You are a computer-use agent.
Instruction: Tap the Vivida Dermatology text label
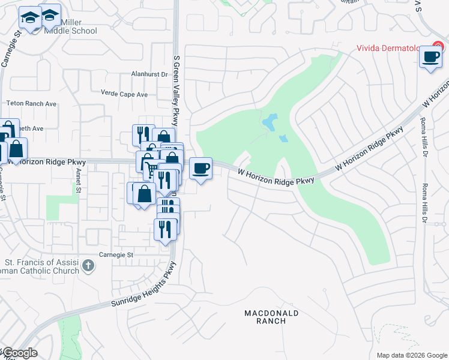[393, 48]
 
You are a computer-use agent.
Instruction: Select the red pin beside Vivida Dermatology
[438, 47]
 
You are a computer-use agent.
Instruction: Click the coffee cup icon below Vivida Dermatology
[430, 57]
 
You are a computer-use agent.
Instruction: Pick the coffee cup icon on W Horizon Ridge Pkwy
[201, 167]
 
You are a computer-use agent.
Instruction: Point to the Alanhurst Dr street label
[149, 74]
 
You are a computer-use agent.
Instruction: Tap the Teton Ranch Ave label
[31, 104]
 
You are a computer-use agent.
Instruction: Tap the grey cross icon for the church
[88, 265]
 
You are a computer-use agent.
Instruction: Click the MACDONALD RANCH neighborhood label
[271, 317]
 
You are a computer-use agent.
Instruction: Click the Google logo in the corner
[20, 353]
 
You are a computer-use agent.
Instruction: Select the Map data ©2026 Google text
[411, 355]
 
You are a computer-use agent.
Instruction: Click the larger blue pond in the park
[269, 122]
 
